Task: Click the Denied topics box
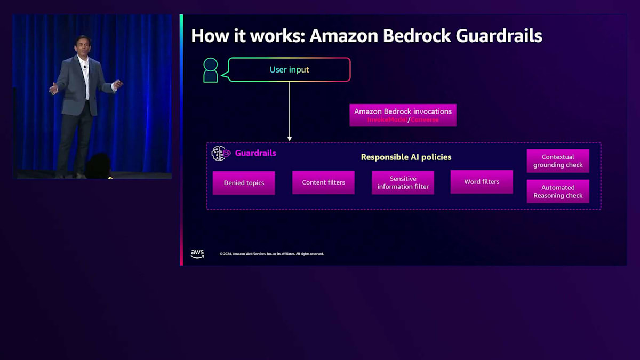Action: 244,183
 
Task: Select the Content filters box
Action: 323,182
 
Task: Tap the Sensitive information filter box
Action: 403,182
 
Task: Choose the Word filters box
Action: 482,182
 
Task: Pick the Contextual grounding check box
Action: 558,161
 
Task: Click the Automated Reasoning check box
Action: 558,191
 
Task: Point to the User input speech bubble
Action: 289,70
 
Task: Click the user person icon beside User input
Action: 211,70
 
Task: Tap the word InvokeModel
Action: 387,120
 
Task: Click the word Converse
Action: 425,120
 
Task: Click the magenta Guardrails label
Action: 255,153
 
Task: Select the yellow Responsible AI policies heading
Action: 406,157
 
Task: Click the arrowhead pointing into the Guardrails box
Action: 290,139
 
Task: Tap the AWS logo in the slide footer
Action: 197,254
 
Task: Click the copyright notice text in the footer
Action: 271,254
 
